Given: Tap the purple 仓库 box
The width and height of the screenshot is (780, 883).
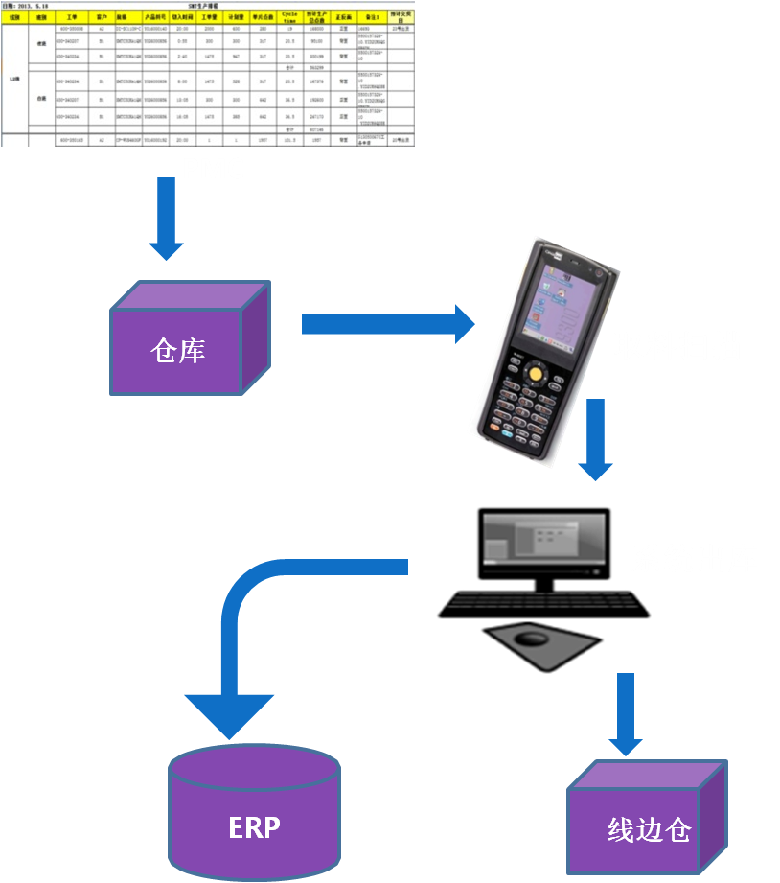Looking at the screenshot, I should pos(179,350).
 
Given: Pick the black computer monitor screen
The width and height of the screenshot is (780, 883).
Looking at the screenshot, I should pos(544,542).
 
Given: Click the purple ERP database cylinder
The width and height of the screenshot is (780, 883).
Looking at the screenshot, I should pos(254,815).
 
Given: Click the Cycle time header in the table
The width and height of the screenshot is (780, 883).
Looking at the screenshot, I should pos(289,17).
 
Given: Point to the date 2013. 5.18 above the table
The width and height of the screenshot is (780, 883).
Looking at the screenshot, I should pos(24,5).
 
